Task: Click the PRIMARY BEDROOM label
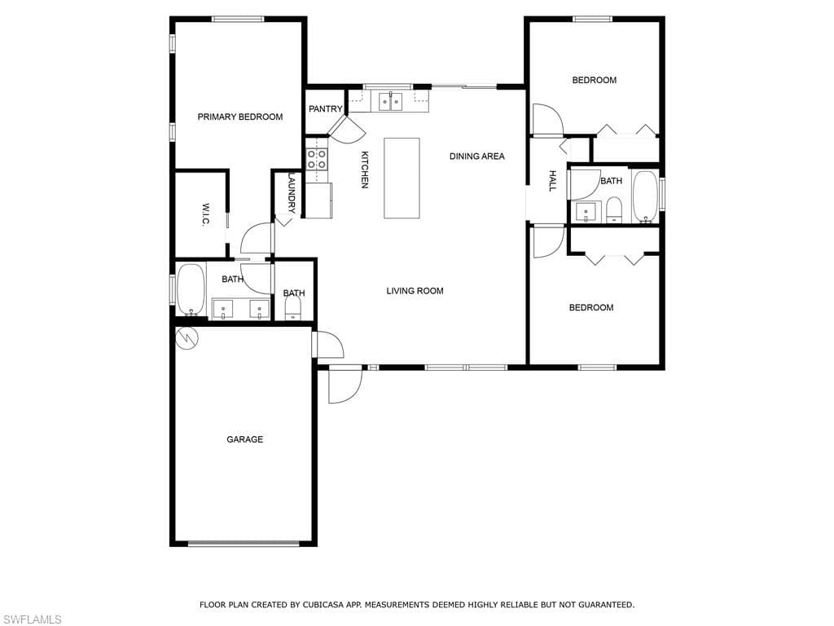click(240, 117)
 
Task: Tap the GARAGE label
click(244, 439)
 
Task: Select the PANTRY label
click(326, 108)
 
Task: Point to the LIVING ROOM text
click(415, 291)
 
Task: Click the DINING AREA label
click(477, 156)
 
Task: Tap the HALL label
click(552, 181)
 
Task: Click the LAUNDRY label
click(292, 192)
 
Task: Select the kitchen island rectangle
click(402, 178)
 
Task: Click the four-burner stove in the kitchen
click(317, 159)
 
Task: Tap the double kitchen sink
click(391, 101)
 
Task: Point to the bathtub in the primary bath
click(191, 290)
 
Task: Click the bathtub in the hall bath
click(646, 196)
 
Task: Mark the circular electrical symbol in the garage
click(187, 337)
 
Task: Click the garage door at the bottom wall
click(244, 544)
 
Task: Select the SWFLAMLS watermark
click(32, 619)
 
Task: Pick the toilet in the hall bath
click(614, 209)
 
